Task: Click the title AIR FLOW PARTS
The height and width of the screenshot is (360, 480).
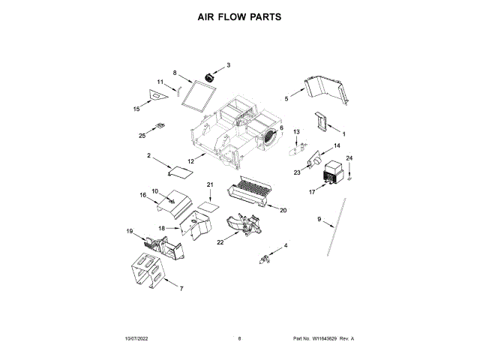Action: (x=239, y=16)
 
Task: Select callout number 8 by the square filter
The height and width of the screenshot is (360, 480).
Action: (x=175, y=73)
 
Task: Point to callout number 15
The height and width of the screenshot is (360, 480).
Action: (x=136, y=109)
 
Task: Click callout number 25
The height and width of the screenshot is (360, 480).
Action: (x=142, y=135)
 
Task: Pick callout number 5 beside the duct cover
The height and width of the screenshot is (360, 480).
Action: (x=286, y=98)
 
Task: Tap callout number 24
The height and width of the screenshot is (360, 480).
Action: (x=348, y=158)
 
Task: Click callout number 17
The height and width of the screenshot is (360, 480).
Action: (x=313, y=191)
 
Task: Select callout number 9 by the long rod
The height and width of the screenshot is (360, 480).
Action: (x=318, y=219)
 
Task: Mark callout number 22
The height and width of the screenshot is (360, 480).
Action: (x=220, y=241)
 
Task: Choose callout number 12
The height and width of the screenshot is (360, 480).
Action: (x=190, y=160)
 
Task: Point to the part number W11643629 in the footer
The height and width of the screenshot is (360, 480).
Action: (x=327, y=339)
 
